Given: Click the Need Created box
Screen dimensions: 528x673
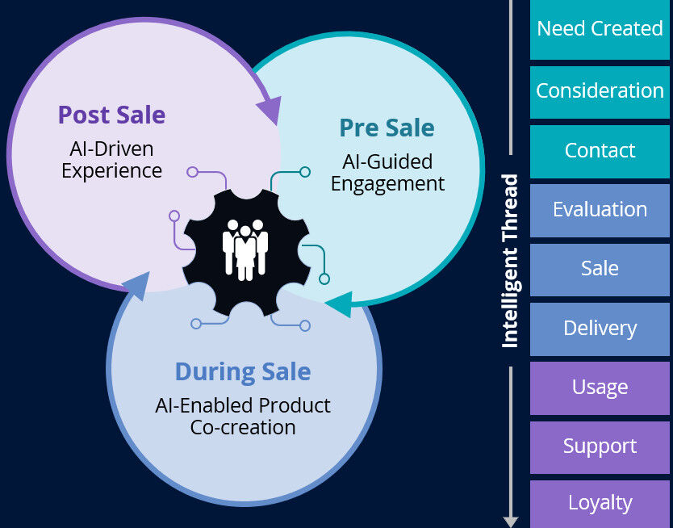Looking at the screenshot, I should [600, 29].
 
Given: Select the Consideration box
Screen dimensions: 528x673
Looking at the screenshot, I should [600, 90].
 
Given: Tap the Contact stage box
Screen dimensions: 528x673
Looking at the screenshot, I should [600, 150].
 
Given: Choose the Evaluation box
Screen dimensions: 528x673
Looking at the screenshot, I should [600, 210].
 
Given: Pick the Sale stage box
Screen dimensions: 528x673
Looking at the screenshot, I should [600, 269].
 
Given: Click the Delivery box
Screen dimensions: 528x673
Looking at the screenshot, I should [600, 329].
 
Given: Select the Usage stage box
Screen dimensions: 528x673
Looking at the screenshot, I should [600, 388].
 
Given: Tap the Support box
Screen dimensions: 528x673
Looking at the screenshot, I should [600, 446].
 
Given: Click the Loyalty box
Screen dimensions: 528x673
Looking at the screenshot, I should [600, 503].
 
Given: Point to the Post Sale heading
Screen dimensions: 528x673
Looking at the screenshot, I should [111, 115].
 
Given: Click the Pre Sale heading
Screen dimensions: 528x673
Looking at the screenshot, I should [387, 128].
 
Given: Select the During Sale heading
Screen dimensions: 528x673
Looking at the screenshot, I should [243, 372].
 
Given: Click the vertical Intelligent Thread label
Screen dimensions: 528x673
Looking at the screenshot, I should [510, 262].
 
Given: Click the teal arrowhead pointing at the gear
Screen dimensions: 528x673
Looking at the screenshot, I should [339, 304].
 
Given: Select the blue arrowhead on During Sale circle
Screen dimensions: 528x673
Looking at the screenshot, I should [137, 283].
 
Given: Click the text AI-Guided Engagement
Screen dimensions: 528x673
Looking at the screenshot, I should [387, 173].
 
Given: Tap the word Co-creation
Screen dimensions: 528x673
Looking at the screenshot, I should [243, 427].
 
